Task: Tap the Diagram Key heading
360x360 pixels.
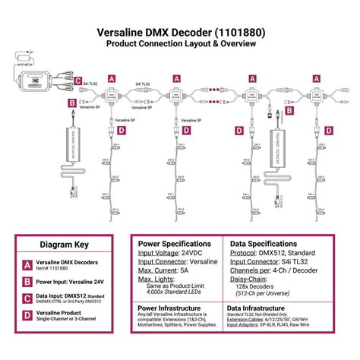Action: pos(65,245)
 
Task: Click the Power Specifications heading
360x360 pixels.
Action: pos(178,244)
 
